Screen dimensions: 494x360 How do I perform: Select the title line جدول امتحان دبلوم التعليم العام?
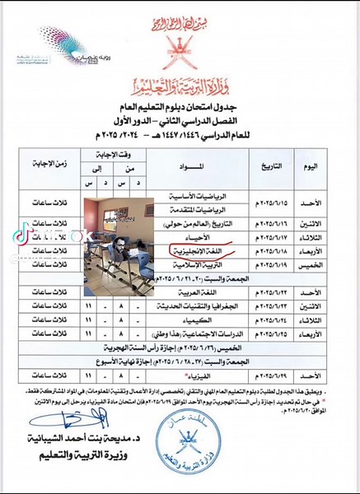(182, 107)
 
